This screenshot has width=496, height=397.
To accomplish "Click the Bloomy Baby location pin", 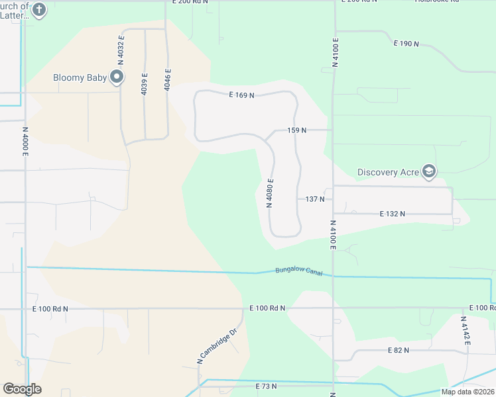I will coord(117,77).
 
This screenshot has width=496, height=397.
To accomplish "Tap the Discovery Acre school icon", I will coord(429,172).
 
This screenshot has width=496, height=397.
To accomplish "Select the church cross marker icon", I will coord(39,10).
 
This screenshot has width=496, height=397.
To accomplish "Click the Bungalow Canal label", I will coord(298,271).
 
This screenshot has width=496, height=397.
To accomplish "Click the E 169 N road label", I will coord(242,95).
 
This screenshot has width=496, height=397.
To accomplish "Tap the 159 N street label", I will coord(297,130).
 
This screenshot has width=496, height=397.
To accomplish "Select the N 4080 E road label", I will coord(270,193).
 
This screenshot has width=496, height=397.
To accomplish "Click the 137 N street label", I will coord(315,198).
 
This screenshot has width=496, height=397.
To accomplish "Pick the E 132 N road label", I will coord(392,214).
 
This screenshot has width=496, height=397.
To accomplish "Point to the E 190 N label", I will coord(406,44).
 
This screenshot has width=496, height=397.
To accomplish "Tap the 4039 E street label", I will coord(144,83).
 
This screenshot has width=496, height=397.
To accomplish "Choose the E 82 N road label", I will coord(398,350).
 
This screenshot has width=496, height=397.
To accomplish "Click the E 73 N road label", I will coord(266,386).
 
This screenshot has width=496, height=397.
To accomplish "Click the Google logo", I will coord(22,389).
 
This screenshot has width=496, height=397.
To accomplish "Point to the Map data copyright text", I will coord(467,392).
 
